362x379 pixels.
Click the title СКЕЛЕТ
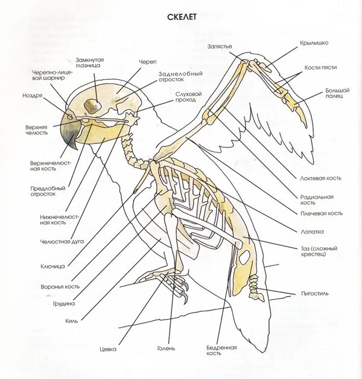click(x=181, y=18)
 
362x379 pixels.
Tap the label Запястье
click(x=220, y=47)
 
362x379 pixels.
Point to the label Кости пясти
click(x=320, y=67)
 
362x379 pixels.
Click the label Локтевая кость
click(x=316, y=178)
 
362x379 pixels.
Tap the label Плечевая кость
click(x=326, y=213)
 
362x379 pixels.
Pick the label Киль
click(x=72, y=321)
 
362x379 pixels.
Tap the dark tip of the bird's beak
click(x=74, y=144)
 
